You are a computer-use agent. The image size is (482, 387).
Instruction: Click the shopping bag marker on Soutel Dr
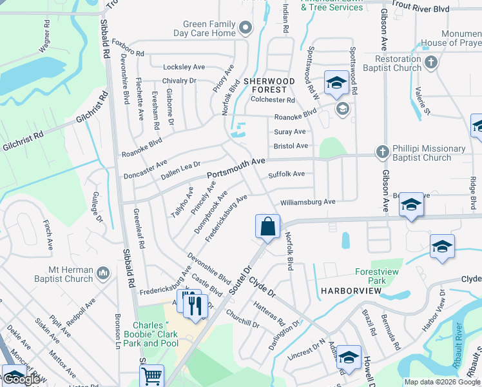pos(267,226)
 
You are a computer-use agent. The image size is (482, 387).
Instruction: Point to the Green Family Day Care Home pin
pos(245,28)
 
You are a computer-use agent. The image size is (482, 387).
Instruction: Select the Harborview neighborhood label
pos(349,291)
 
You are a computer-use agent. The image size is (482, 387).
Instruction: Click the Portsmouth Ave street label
pos(236,167)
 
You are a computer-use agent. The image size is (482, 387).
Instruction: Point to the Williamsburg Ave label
pos(307,202)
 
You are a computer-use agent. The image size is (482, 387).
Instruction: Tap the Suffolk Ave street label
pos(286,174)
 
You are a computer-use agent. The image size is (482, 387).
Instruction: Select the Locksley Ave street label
pos(184,66)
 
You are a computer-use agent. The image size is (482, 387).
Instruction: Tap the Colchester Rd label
pos(273,100)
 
